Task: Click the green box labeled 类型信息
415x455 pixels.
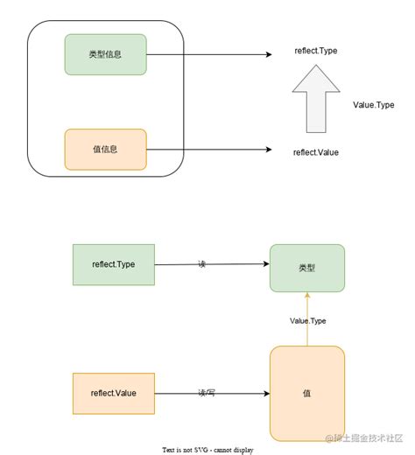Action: tap(105, 54)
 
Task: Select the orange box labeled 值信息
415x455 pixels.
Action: tap(105, 149)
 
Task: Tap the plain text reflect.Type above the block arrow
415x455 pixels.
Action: tap(315, 52)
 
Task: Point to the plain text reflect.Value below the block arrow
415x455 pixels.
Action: tap(315, 152)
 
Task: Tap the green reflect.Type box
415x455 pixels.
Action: tap(114, 263)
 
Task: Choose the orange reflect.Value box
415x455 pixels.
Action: tap(114, 392)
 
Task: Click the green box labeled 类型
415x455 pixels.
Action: tap(307, 267)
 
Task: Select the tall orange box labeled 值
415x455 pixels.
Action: tap(307, 393)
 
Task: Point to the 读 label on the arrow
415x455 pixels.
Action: tap(201, 263)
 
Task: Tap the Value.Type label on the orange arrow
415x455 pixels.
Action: tap(307, 321)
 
